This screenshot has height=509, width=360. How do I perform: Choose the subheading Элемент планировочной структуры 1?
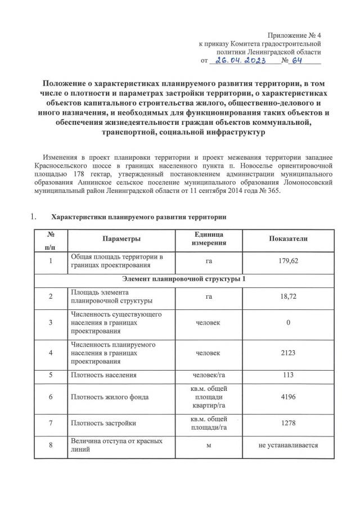click(x=184, y=279)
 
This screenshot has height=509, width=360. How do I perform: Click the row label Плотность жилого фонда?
click(x=110, y=397)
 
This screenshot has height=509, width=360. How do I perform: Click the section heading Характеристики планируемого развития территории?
click(x=139, y=217)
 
